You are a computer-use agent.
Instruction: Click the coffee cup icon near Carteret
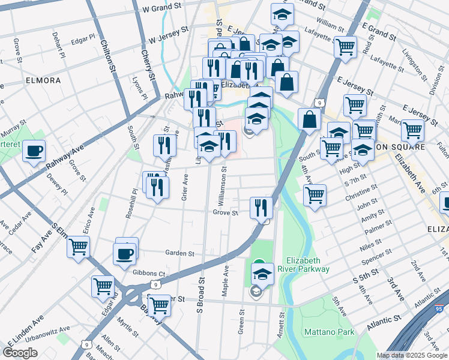[x=34, y=150]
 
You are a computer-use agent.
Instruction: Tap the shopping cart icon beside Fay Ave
[x=78, y=247]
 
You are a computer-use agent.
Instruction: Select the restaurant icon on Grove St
[x=261, y=208]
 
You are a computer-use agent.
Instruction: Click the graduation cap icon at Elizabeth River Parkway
[x=262, y=274]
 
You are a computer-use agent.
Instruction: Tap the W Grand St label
[x=162, y=8]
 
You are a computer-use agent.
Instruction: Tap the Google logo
[x=20, y=353]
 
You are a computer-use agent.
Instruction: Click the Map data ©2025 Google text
[x=411, y=355]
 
